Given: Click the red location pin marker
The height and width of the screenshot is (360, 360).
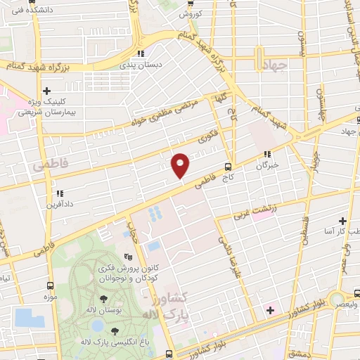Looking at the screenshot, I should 181,165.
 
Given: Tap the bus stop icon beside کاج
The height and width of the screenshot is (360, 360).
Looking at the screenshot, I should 228,167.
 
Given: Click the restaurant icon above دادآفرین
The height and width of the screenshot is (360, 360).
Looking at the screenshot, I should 59,193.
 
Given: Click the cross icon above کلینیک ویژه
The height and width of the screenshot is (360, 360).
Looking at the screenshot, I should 47,91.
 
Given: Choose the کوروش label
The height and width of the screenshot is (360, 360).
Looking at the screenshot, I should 191,14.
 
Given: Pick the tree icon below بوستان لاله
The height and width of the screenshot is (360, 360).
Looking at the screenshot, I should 112,330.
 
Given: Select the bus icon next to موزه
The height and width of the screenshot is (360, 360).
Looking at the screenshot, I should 49,285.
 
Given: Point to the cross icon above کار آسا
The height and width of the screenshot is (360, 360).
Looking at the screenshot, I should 343,221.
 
